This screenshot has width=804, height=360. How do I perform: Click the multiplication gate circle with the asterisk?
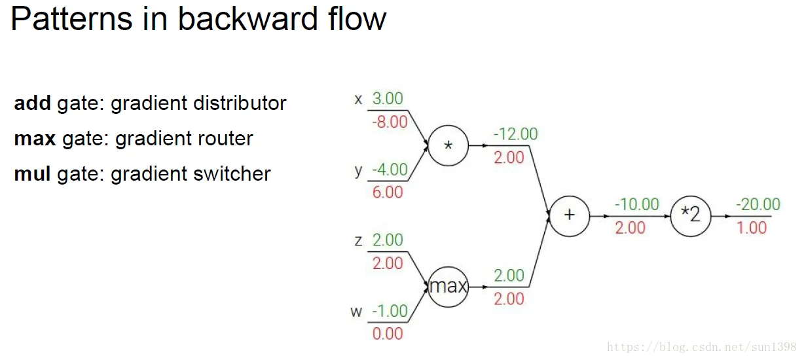(x=448, y=145)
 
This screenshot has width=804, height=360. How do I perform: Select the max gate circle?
(x=448, y=287)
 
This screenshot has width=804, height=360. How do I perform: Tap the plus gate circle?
(x=569, y=215)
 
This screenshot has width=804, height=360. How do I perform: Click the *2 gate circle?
(x=691, y=215)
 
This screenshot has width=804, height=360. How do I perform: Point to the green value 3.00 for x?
(x=388, y=99)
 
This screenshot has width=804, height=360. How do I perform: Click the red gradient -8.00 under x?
(x=389, y=122)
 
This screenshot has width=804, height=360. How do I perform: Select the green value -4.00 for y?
(x=389, y=170)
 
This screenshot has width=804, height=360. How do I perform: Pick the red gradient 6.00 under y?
(x=388, y=192)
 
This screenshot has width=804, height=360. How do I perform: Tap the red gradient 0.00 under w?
(x=388, y=334)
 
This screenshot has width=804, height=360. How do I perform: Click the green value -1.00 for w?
(x=389, y=311)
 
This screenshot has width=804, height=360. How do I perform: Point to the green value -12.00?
(x=515, y=134)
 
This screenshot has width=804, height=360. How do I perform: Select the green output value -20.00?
(x=758, y=204)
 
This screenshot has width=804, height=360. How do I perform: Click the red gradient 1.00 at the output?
(x=752, y=227)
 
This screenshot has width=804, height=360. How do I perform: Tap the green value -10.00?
(x=636, y=204)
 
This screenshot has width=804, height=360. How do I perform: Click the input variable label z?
(x=358, y=241)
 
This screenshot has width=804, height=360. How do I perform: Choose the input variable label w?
(x=356, y=312)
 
